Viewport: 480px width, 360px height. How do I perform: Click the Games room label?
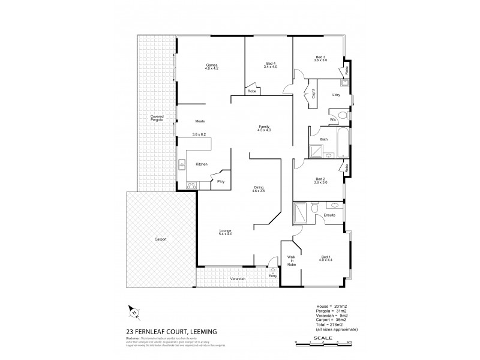211,65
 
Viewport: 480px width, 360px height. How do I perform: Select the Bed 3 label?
320,58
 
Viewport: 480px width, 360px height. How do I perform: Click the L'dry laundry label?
337,95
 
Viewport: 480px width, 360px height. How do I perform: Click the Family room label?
263,126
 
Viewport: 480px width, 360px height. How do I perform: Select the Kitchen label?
202,163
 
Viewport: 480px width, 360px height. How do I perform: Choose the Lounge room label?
226,231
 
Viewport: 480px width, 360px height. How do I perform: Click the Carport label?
160,239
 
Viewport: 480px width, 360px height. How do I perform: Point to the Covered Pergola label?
157,119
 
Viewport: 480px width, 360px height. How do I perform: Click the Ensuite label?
329,215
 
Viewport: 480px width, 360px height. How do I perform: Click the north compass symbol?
134,310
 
